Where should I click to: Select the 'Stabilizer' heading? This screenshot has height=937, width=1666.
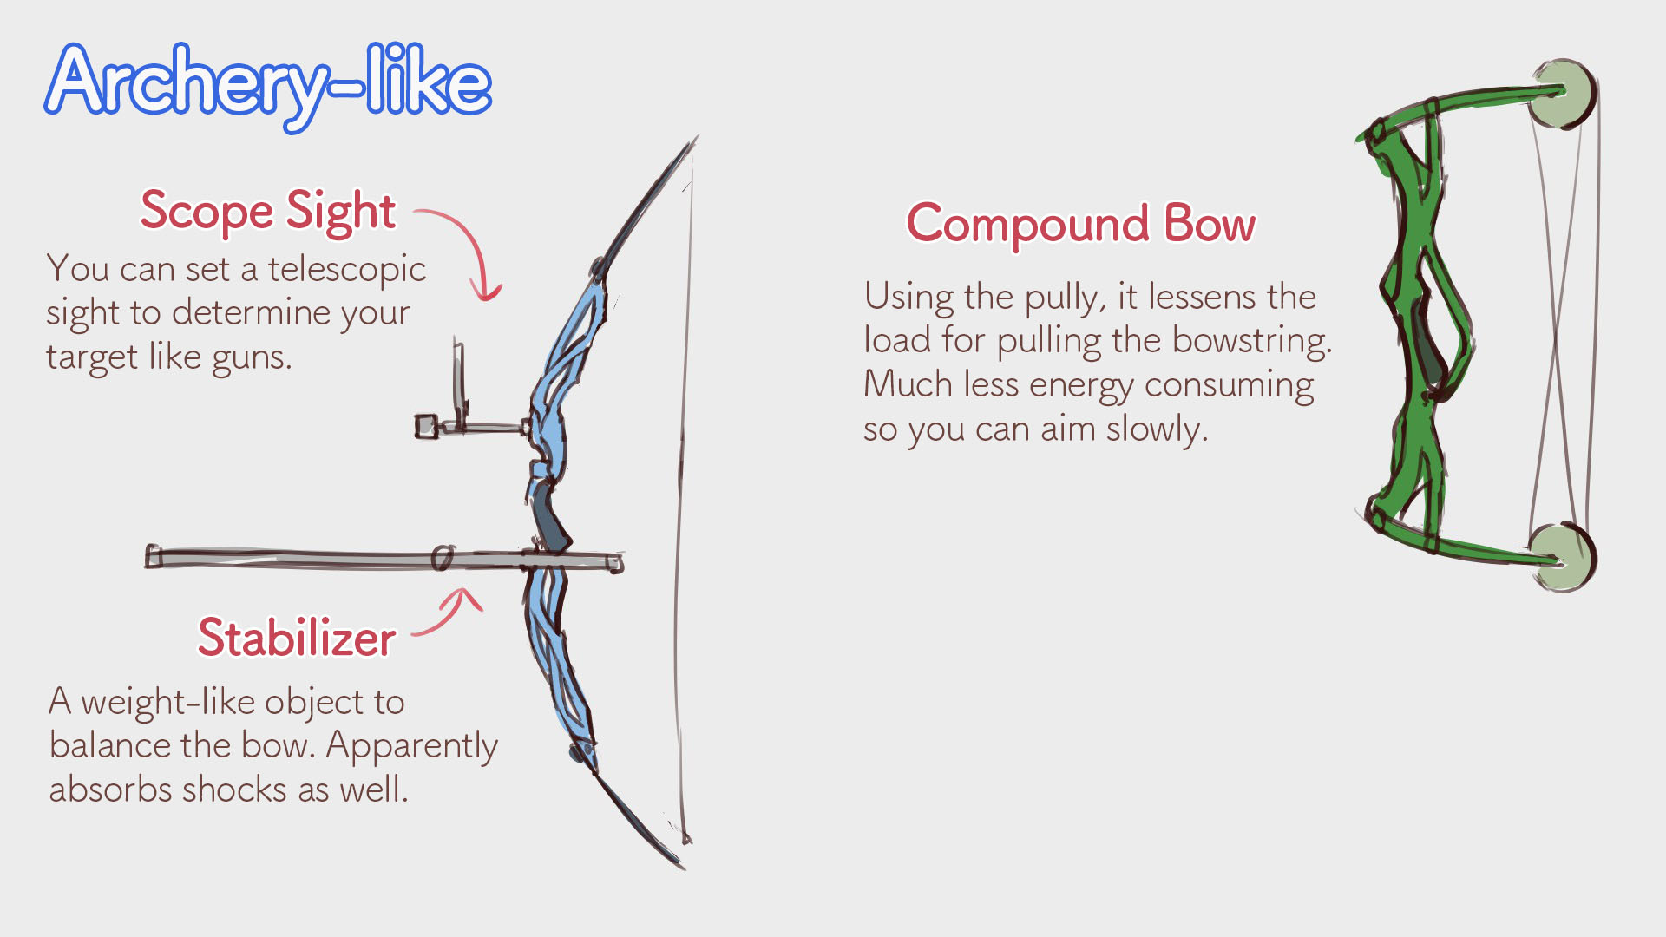[297, 639]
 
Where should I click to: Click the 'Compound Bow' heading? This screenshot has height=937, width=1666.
[1080, 224]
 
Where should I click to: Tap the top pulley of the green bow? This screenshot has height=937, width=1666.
[1563, 94]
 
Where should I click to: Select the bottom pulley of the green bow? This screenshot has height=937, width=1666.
[1562, 557]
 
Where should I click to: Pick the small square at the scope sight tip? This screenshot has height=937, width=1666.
[426, 426]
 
